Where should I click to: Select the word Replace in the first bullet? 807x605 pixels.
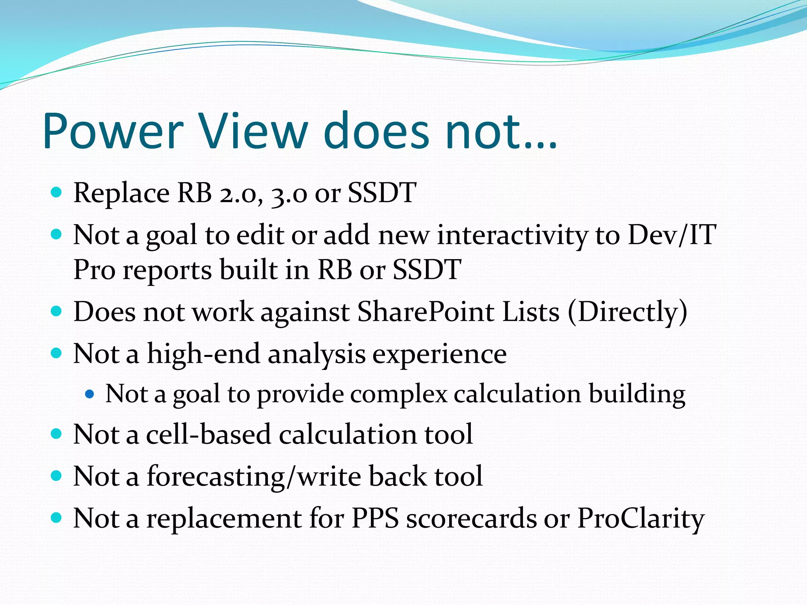[x=121, y=193]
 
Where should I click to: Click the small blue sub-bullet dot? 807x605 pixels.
[x=90, y=393]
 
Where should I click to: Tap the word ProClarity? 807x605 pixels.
[x=640, y=518]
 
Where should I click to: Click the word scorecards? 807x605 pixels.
[x=471, y=518]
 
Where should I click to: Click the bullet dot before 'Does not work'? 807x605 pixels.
[x=57, y=312]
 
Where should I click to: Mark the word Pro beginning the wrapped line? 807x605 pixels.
[x=95, y=271]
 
